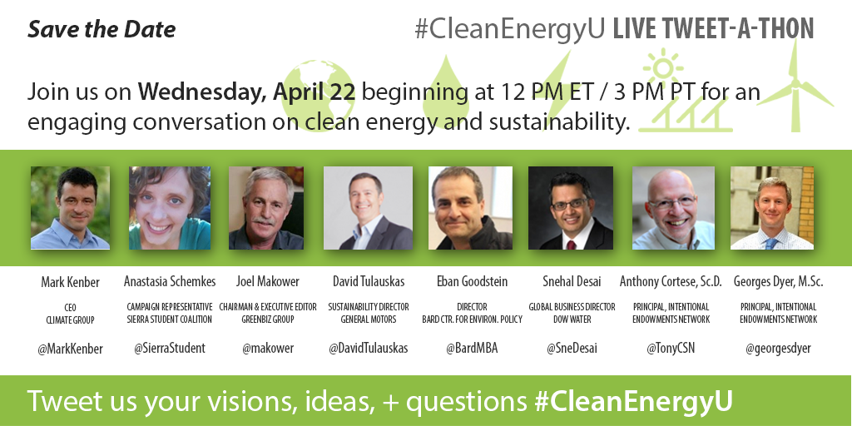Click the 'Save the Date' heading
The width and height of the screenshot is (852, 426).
pos(102,29)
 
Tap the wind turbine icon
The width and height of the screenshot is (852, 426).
pos(795,86)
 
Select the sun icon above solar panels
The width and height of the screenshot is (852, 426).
pos(663,68)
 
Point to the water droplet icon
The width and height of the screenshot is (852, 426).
pos(446,92)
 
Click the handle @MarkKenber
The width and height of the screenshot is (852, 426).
pos(70,349)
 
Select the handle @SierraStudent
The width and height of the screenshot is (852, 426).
pos(170,348)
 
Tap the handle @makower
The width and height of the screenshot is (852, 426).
pos(268,349)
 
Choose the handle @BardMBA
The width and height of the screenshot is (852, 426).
pos(472,348)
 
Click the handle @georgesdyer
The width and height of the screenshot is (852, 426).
pos(778,349)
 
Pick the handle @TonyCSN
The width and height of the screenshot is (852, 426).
pos(671,349)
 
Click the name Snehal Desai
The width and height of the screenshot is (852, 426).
pos(572,281)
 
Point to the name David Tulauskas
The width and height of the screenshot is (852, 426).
pos(369,281)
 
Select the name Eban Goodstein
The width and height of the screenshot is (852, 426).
pos(473,281)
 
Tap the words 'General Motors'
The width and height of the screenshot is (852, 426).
pos(369,319)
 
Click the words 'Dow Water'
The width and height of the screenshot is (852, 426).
pos(572,319)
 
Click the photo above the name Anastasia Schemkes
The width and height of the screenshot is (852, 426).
pos(170,208)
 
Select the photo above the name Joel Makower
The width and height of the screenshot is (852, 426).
pos(266,208)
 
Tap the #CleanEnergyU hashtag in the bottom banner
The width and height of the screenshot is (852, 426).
pos(633,401)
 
